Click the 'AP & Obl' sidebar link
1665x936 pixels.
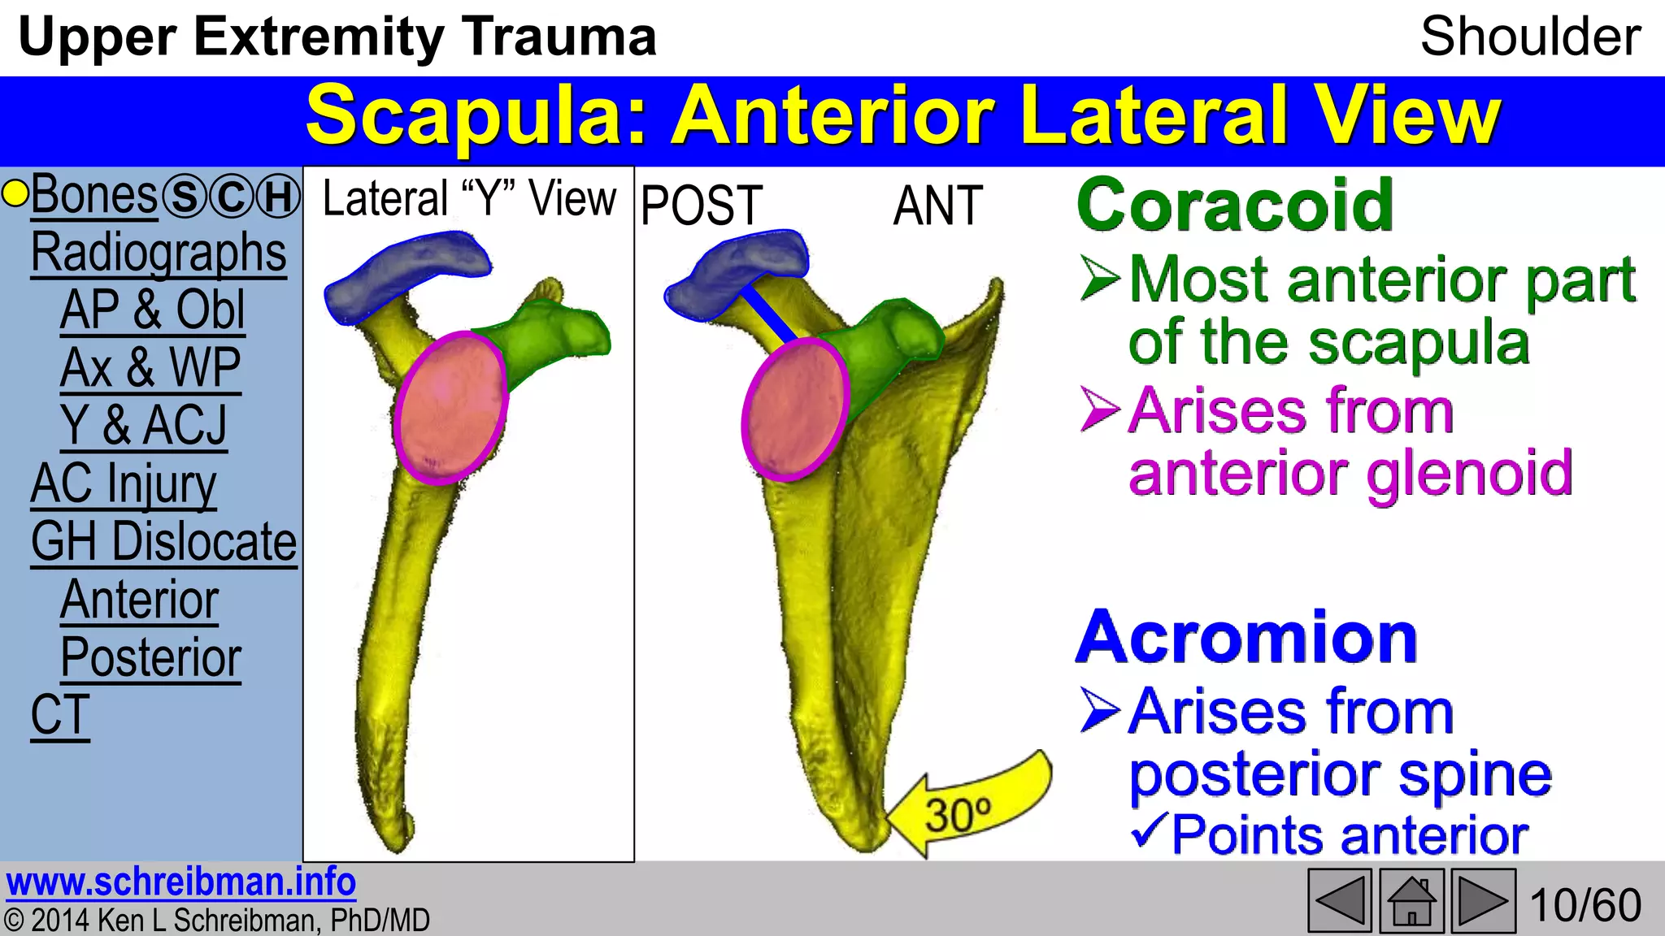(152, 310)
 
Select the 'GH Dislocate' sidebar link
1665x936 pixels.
(163, 542)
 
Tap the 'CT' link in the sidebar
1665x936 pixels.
(59, 716)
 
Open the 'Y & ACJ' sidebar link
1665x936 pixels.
(144, 426)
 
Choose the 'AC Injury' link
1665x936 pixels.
(124, 484)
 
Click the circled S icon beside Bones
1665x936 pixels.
(185, 197)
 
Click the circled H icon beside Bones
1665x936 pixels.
(279, 197)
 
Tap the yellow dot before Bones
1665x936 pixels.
(15, 194)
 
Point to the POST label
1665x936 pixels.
(701, 206)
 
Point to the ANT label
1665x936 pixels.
(937, 206)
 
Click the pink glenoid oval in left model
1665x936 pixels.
(451, 408)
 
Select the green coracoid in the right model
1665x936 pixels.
(882, 341)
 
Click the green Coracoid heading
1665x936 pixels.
(1235, 206)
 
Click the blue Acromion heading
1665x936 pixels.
(1246, 638)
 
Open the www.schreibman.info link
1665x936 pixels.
(180, 882)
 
